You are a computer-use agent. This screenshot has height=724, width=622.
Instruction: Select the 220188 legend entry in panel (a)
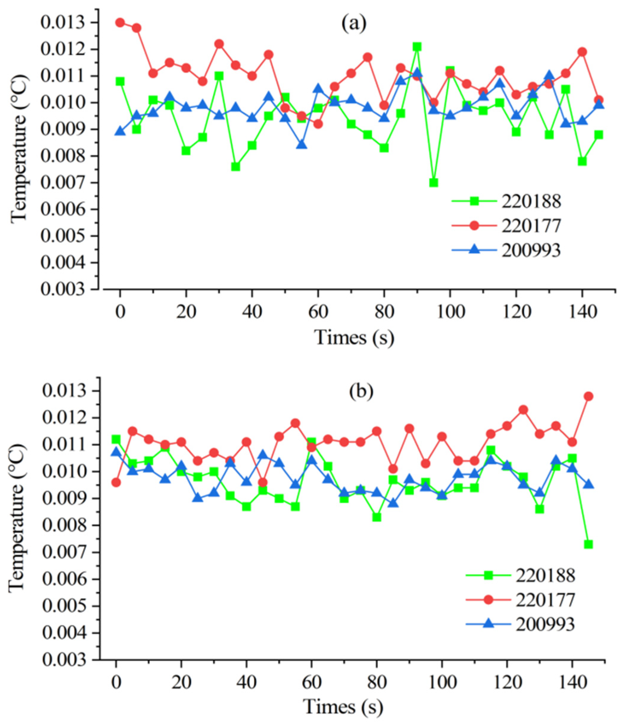pyautogui.click(x=531, y=201)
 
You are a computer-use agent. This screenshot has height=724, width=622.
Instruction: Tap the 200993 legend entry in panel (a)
pyautogui.click(x=531, y=250)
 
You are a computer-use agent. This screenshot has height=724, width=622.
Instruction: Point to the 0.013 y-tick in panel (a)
pyautogui.click(x=63, y=23)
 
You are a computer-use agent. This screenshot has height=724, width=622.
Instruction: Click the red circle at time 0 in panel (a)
pyautogui.click(x=120, y=23)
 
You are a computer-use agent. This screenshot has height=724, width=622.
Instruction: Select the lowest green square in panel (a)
pyautogui.click(x=433, y=183)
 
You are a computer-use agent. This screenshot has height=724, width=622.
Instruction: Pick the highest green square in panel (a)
pyautogui.click(x=417, y=47)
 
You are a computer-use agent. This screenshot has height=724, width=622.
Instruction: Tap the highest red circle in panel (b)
pyautogui.click(x=588, y=396)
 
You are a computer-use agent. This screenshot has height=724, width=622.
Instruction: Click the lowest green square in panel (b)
pyautogui.click(x=588, y=544)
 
